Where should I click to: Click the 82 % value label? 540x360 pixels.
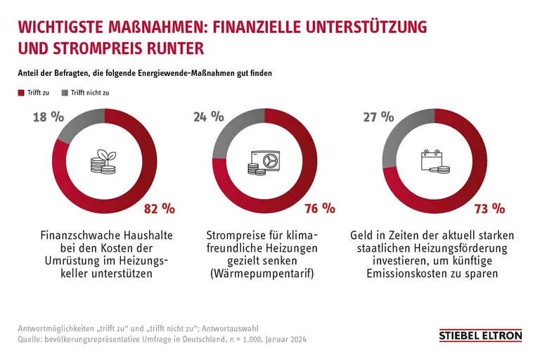point(158,208)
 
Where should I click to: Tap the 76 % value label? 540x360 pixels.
point(319,208)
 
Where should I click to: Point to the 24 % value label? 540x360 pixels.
point(209,117)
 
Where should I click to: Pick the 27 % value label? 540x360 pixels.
point(378,117)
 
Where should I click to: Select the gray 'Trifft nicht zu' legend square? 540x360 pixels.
point(65,93)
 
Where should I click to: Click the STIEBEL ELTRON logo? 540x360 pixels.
point(480,336)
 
